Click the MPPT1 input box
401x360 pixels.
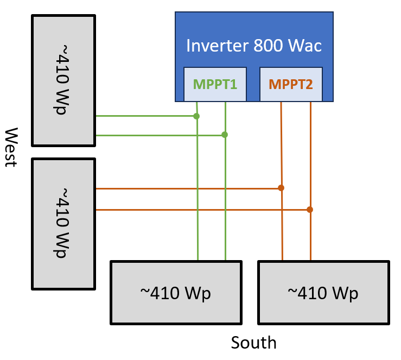[215, 84]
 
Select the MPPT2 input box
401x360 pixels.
[291, 84]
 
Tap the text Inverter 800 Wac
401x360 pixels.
[254, 46]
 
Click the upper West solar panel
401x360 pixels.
[63, 80]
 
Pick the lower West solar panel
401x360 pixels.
[63, 224]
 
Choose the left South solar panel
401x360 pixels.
[176, 293]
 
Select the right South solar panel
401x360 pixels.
[323, 293]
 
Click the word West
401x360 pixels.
[11, 148]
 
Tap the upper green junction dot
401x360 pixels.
[196, 116]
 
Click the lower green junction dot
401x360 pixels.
[225, 134]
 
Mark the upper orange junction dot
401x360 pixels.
[281, 188]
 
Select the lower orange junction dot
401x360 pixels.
[310, 209]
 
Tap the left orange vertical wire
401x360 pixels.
[282, 228]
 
